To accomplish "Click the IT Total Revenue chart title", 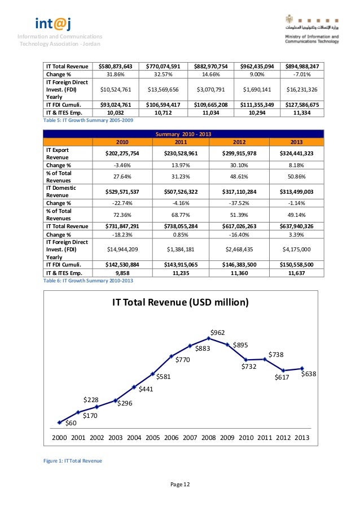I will [180, 302].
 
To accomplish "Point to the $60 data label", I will [71, 423].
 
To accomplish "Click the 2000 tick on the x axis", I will [59, 437].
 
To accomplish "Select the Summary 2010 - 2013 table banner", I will [183, 134].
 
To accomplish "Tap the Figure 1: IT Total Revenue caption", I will [73, 461].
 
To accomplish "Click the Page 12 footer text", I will [180, 485].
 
